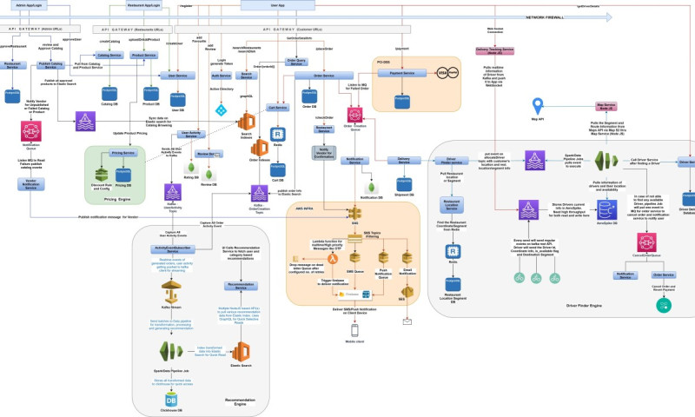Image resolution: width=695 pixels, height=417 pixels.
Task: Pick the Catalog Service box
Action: (x=109, y=55)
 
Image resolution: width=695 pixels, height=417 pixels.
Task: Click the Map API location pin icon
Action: (x=538, y=107)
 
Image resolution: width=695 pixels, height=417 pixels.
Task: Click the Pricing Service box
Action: (x=123, y=153)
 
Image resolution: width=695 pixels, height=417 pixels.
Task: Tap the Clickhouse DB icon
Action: (x=173, y=400)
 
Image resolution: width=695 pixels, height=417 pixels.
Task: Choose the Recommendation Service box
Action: (x=245, y=284)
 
